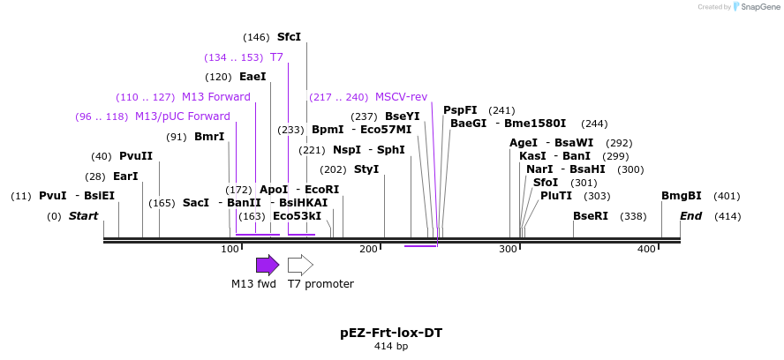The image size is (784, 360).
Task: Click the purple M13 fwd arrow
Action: click(267, 265)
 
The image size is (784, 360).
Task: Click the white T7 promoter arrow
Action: click(300, 265)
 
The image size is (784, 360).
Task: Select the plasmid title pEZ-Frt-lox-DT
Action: click(391, 333)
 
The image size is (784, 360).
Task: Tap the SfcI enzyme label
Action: click(289, 37)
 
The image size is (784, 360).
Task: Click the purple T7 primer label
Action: click(276, 56)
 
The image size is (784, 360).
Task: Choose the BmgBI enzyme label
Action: click(682, 196)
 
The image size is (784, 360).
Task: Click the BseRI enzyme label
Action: click(591, 216)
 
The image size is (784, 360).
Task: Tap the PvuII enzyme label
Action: click(136, 156)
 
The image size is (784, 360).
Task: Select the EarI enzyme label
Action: click(125, 176)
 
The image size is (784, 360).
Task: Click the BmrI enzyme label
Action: click(209, 137)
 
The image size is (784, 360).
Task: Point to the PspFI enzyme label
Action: click(460, 110)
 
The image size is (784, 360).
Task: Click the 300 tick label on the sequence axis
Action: click(508, 250)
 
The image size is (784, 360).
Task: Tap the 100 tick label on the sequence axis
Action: click(230, 250)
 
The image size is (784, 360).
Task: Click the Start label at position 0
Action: click(83, 216)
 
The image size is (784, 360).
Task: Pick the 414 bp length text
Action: click(391, 347)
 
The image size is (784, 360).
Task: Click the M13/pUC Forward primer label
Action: click(182, 116)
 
